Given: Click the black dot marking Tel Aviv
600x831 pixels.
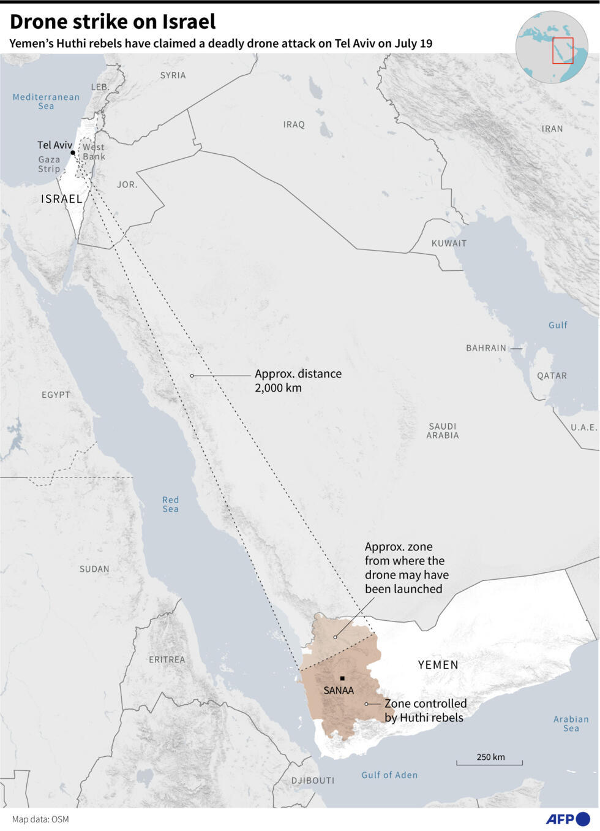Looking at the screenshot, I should (72, 153).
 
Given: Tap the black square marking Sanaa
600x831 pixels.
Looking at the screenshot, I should (342, 678).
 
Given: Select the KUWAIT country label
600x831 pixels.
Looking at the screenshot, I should (449, 243).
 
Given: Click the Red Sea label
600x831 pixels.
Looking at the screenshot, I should (170, 504).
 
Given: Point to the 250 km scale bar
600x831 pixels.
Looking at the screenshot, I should (489, 762).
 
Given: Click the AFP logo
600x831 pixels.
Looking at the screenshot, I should (567, 819).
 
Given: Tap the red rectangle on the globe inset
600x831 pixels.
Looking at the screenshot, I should (563, 50).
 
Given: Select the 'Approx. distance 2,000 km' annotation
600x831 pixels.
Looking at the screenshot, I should (298, 381).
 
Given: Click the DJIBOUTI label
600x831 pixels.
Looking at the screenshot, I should (313, 780).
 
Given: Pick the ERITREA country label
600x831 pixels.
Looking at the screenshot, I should (167, 659).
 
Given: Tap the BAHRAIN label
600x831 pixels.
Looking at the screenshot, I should (486, 348).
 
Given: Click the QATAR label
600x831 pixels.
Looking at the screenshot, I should (552, 376).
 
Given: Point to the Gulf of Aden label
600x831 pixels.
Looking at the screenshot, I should (389, 775).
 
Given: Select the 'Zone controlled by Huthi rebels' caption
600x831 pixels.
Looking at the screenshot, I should (425, 710).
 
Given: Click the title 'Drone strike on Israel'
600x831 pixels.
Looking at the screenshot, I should (113, 22).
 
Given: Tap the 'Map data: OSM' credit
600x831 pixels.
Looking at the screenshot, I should (40, 819).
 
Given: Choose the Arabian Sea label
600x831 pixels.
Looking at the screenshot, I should (571, 724).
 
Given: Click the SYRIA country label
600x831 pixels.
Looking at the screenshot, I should (173, 75).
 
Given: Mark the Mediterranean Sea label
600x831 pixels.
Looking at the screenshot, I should (46, 101).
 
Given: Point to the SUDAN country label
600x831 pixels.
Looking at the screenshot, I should (94, 569).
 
